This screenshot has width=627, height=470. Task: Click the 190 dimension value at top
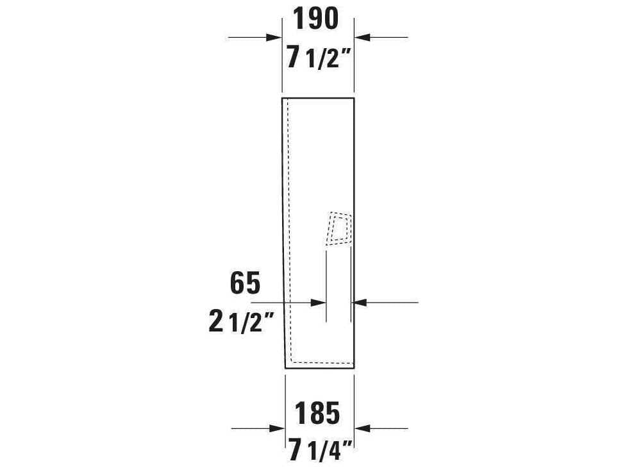[x=315, y=20]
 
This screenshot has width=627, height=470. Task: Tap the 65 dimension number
[x=245, y=283]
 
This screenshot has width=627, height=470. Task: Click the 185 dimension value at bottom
[x=317, y=414]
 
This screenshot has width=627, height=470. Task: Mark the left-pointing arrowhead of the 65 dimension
[x=359, y=302]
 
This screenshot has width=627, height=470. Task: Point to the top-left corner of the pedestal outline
[x=282, y=98]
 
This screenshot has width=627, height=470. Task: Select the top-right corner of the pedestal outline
[x=354, y=98]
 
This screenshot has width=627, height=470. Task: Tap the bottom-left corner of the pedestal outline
[x=285, y=369]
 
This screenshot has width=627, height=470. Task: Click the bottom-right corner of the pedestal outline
[x=354, y=369]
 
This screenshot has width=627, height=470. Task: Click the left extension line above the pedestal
[x=282, y=64]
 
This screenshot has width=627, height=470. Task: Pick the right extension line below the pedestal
[x=354, y=404]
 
